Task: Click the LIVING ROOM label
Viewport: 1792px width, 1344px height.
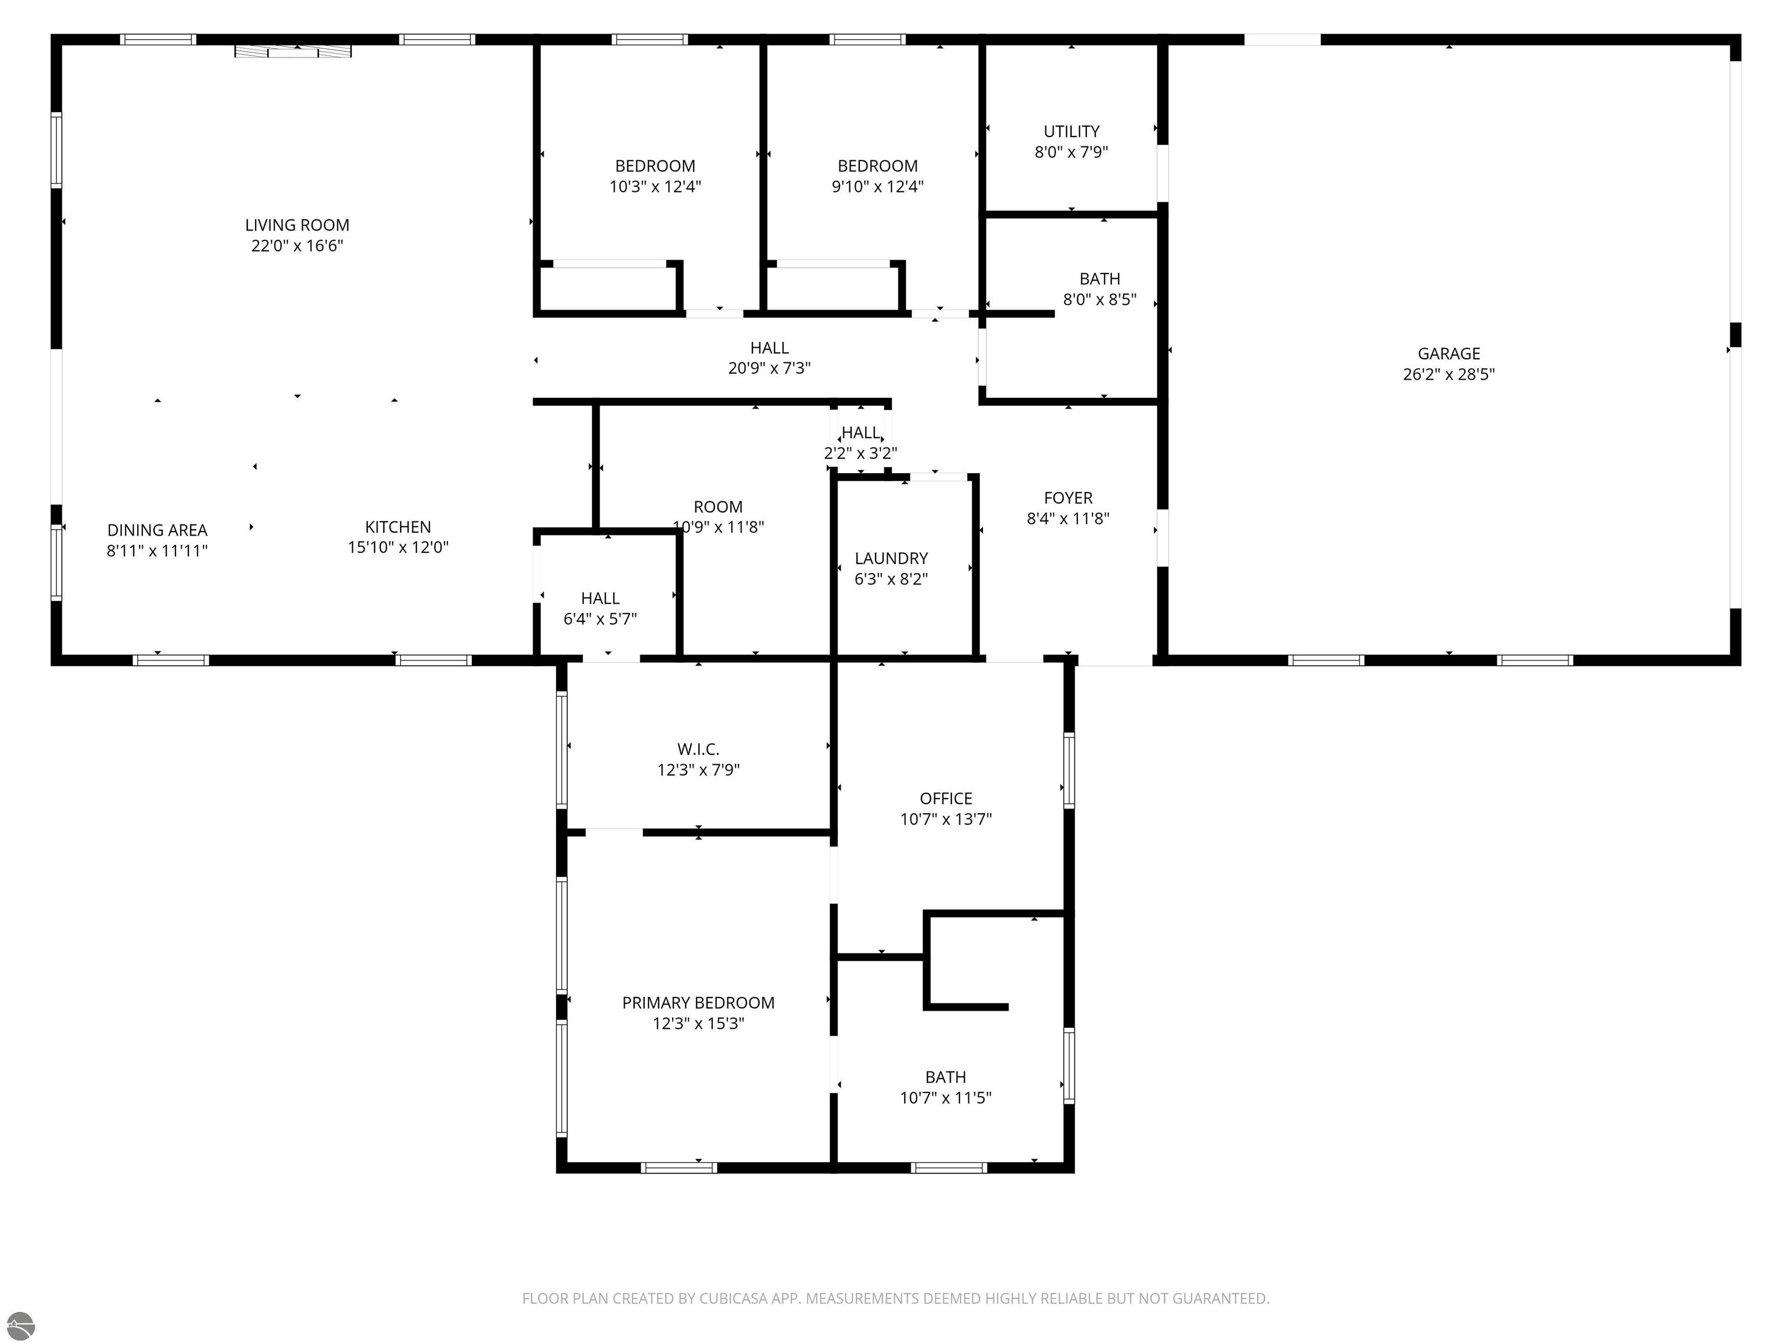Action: point(297,225)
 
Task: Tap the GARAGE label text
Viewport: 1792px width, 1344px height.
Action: point(1448,354)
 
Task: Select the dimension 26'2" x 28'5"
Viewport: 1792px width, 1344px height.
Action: point(1448,374)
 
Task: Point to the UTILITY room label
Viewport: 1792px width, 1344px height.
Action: point(1071,131)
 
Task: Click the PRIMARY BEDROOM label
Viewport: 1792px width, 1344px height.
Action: point(698,1003)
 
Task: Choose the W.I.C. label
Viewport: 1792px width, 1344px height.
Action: point(698,750)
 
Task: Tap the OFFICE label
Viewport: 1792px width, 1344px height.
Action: point(946,799)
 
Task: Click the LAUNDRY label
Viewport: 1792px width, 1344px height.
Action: point(891,559)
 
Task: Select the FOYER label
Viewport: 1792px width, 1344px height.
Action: point(1067,498)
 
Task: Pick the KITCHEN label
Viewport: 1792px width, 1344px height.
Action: point(398,527)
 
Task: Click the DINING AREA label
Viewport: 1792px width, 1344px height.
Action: point(157,531)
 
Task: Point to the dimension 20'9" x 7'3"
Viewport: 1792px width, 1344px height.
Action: point(769,369)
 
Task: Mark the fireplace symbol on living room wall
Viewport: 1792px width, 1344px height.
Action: point(293,51)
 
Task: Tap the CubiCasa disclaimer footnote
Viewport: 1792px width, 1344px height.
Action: point(895,1298)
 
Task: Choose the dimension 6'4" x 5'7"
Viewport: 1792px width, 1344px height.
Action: point(600,619)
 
